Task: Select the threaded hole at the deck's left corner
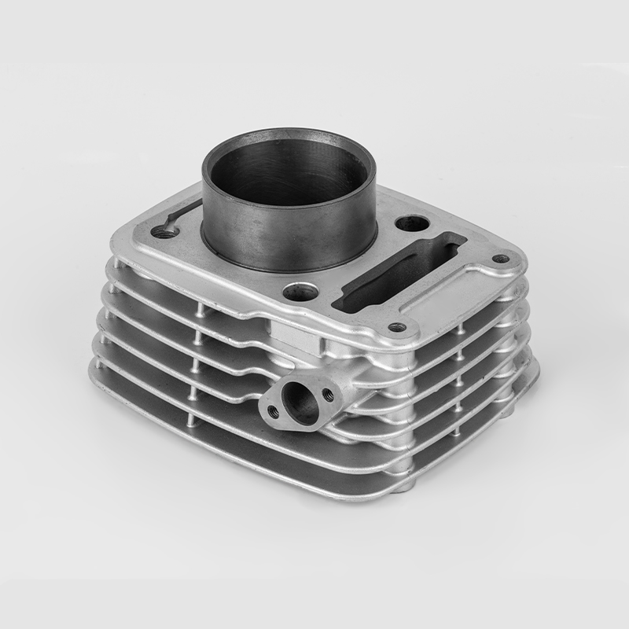(164, 232)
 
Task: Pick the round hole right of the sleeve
(412, 223)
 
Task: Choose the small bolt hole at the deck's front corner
(398, 326)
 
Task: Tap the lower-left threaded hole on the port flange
(272, 410)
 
